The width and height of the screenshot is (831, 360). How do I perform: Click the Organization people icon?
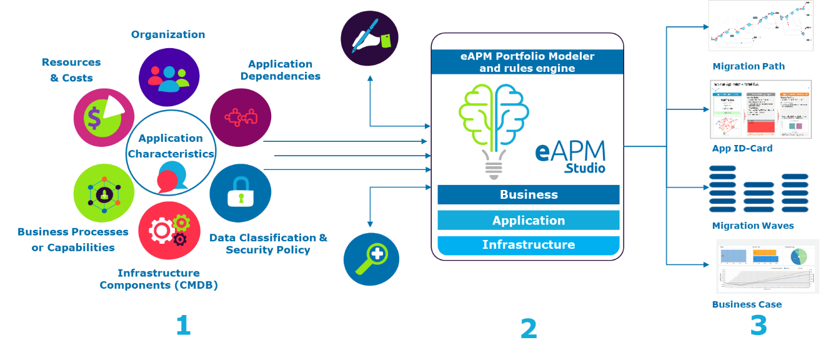point(169,76)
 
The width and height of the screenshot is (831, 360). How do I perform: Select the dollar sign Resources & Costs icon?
point(104,117)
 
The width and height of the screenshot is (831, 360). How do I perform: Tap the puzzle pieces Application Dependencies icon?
point(240,117)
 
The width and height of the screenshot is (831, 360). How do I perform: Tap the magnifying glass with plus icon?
point(371,258)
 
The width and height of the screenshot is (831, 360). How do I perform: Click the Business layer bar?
point(528,194)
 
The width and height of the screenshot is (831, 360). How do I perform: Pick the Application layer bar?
point(528,220)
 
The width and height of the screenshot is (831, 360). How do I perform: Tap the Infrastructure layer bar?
point(528,245)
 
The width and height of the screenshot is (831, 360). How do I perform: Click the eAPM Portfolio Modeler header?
point(527,62)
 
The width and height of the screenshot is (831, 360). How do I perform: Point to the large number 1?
point(182,326)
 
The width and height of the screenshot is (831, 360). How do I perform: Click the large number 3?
point(758,326)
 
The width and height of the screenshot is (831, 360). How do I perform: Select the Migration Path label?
point(748,66)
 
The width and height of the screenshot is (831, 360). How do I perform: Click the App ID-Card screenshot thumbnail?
point(760,109)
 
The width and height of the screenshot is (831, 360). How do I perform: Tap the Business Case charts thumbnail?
point(767,266)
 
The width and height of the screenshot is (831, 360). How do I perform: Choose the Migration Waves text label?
point(752,226)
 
